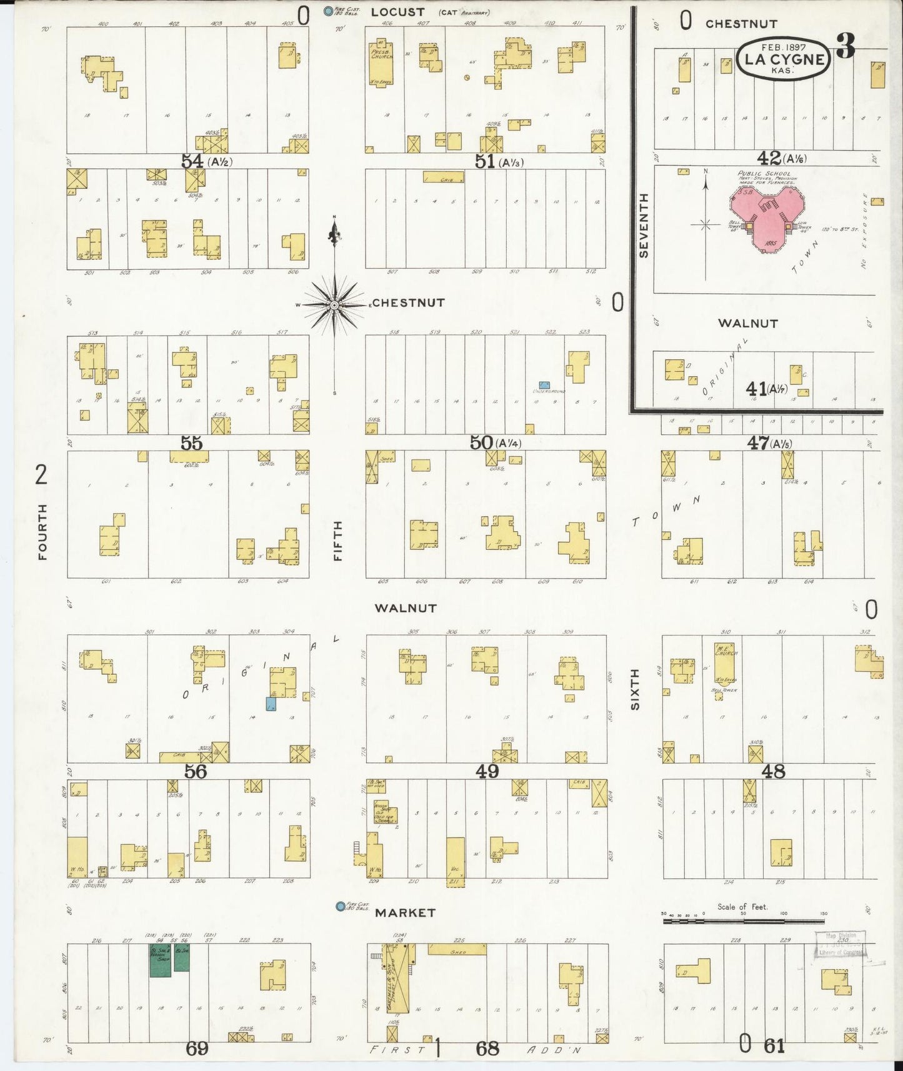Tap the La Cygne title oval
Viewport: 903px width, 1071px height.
(784, 59)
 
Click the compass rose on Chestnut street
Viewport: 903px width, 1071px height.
(335, 304)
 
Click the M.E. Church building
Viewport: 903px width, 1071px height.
(725, 662)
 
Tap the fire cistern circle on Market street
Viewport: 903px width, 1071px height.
(340, 906)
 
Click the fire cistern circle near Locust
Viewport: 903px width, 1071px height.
(327, 11)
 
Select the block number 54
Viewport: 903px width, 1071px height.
(191, 161)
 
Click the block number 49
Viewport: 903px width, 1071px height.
(487, 772)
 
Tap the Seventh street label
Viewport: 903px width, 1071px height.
(644, 226)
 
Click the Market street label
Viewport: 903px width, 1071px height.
(405, 913)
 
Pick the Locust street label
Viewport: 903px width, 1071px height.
(397, 12)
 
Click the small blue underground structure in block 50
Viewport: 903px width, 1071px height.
(544, 385)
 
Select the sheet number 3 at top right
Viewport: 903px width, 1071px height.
(846, 47)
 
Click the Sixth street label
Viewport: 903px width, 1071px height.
(635, 689)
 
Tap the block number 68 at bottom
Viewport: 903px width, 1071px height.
(487, 1048)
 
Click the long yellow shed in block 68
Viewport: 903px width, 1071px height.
(456, 949)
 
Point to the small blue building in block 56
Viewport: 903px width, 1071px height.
(271, 704)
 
